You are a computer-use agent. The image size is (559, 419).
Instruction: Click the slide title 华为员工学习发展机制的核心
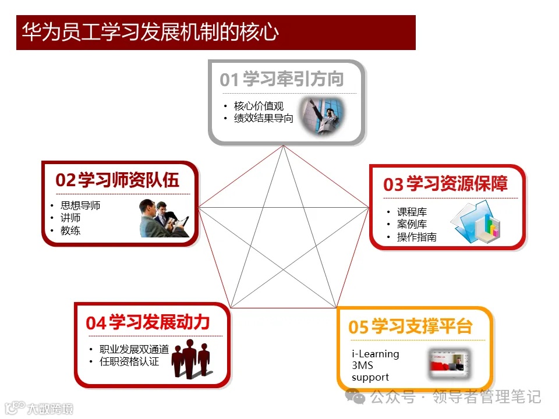click(150, 33)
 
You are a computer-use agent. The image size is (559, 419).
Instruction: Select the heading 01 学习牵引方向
click(282, 79)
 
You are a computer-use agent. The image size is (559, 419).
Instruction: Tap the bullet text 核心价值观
click(259, 106)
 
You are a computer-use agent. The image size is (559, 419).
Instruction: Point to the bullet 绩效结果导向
click(263, 118)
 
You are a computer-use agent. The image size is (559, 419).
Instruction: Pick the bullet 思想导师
click(80, 205)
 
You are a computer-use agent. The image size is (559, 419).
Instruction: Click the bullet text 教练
click(70, 230)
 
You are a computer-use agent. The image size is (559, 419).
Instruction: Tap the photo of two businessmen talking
click(165, 218)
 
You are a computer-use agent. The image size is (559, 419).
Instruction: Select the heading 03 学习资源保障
click(445, 184)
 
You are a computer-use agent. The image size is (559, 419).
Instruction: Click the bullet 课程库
click(412, 212)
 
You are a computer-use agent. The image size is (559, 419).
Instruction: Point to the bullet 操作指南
click(417, 237)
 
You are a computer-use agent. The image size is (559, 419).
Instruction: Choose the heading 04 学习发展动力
click(148, 322)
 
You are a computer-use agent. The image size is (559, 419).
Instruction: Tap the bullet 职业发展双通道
click(134, 349)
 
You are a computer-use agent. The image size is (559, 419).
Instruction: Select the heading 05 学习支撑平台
click(411, 326)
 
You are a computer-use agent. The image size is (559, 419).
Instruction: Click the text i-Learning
click(376, 354)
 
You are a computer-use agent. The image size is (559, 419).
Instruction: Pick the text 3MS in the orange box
click(362, 365)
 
